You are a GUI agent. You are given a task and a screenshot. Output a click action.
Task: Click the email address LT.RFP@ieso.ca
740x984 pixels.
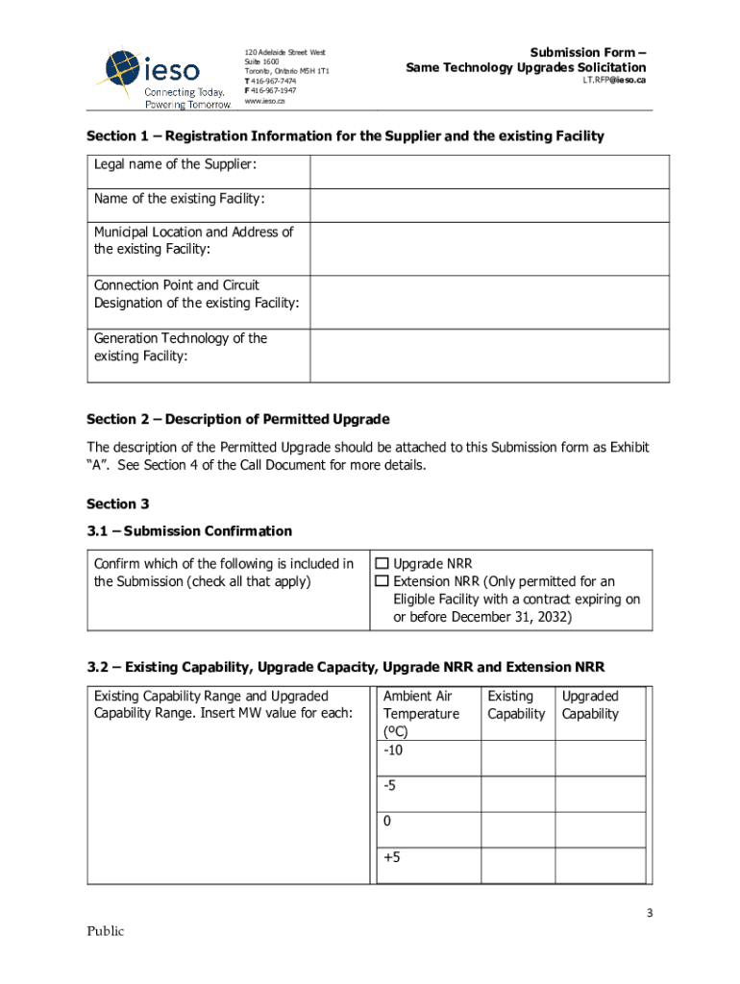614,81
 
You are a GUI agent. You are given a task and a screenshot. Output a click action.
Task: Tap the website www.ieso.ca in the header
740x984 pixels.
264,101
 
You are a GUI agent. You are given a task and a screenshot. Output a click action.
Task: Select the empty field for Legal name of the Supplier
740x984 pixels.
489,172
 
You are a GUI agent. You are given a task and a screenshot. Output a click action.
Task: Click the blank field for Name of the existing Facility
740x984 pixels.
489,206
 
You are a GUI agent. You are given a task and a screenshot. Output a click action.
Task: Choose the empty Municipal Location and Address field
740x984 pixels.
489,249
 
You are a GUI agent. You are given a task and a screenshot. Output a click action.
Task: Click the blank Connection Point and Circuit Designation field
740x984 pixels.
489,302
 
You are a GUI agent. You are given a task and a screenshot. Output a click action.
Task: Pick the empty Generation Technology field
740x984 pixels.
489,356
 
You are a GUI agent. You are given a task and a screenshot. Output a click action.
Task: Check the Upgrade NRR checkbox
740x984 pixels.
382,564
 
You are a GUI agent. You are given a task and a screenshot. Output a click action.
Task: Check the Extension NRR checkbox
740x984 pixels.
382,582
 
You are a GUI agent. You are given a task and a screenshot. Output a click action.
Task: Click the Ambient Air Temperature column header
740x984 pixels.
421,713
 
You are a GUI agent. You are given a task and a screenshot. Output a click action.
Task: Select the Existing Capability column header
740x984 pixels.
516,704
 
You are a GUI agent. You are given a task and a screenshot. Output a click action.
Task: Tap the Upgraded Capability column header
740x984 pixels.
590,704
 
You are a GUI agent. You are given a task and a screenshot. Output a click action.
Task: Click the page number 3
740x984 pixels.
650,913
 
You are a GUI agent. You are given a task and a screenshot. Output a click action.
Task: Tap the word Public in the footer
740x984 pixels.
106,930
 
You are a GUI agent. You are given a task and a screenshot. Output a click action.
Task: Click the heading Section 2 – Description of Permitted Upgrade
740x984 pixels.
238,419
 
